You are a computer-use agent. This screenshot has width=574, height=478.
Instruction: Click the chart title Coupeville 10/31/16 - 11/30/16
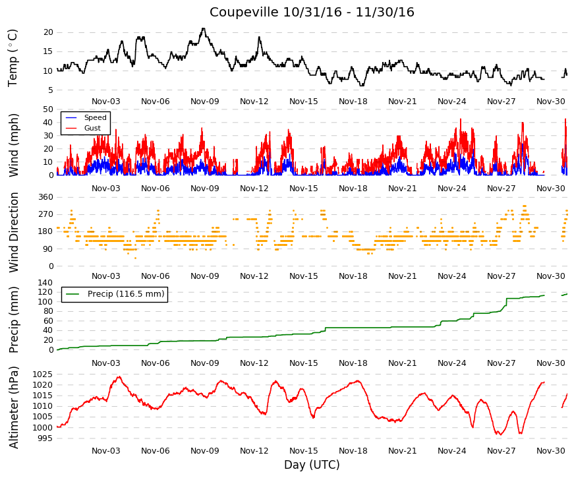(312, 12)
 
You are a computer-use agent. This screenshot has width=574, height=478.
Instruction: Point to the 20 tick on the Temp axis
(48, 32)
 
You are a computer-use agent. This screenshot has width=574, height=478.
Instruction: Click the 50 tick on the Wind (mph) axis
(48, 109)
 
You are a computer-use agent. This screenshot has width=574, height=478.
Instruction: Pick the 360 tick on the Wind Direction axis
(46, 197)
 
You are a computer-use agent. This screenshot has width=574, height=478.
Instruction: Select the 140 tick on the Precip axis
(45, 282)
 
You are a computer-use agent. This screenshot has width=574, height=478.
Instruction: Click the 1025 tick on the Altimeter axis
(43, 374)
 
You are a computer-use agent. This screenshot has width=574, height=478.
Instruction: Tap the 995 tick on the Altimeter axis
(45, 438)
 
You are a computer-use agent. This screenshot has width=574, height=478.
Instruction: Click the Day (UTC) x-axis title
(312, 465)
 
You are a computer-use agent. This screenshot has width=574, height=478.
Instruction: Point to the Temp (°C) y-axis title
(13, 58)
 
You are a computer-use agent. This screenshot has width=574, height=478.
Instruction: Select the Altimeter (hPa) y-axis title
(14, 407)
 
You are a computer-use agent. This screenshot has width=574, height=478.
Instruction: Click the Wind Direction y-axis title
(14, 233)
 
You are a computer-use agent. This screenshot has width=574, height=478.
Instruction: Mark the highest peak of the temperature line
(204, 28)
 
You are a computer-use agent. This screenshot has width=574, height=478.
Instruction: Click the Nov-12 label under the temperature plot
(254, 102)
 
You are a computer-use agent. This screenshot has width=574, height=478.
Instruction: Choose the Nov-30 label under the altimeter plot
(550, 451)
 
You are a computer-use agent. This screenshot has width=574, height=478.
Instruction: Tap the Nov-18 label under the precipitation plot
(353, 363)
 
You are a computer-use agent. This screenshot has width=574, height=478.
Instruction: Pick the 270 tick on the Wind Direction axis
(46, 214)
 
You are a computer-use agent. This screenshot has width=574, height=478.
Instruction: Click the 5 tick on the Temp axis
(51, 90)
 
